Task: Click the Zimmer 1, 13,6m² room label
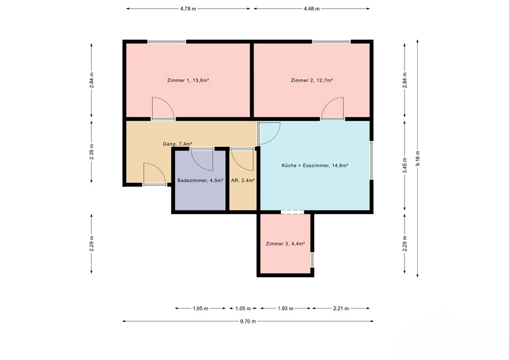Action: click(188, 80)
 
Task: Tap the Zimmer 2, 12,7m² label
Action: click(312, 80)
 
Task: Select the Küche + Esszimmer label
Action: click(315, 165)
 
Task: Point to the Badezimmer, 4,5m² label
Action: click(200, 180)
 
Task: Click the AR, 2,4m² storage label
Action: click(243, 180)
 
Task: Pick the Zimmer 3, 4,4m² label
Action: click(285, 244)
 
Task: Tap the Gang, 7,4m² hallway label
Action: click(178, 144)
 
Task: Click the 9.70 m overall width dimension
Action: click(248, 321)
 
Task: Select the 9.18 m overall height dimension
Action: click(417, 159)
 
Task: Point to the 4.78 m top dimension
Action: click(188, 9)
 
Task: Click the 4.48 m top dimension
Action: click(312, 9)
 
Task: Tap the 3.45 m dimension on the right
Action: click(405, 165)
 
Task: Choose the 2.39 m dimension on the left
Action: click(92, 152)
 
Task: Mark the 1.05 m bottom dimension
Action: click(243, 309)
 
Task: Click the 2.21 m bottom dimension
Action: click(341, 309)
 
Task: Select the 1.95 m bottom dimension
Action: click(200, 309)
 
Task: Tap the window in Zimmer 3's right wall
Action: click(312, 260)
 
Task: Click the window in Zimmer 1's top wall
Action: click(167, 41)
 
